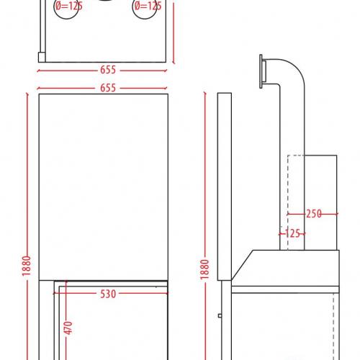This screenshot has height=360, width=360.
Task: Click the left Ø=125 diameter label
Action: coord(69,6)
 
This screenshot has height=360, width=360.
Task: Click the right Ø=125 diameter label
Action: coord(148,6)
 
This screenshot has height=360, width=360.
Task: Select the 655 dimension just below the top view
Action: coord(108,70)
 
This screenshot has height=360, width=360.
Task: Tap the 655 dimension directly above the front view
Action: coord(108,88)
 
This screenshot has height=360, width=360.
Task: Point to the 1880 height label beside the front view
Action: coord(27,266)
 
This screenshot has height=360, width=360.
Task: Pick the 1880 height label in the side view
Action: coord(204,269)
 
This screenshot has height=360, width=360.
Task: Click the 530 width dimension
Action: coord(108,294)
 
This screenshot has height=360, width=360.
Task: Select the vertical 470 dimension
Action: coord(68,328)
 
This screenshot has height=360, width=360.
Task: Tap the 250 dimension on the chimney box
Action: coord(314,214)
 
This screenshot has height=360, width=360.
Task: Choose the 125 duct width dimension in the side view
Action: coord(292,233)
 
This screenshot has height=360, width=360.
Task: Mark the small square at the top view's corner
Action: coord(42,57)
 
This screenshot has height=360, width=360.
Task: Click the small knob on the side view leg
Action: coord(220,315)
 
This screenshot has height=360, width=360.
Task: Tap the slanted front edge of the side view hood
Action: coord(242,265)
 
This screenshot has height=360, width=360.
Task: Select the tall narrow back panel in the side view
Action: coord(225,186)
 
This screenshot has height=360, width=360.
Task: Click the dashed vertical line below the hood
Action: coord(333,326)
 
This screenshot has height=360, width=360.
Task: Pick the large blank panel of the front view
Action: coord(103,187)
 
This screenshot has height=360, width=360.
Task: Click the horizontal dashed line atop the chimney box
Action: coord(296,156)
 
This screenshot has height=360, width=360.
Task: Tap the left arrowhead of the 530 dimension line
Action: coord(55,293)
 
